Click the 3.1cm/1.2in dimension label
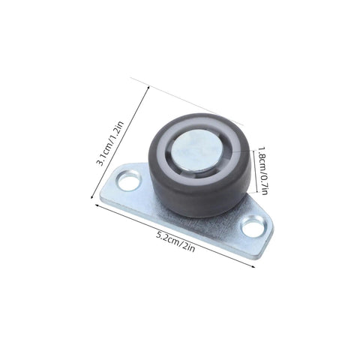(x=110, y=143)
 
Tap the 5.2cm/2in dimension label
(x=175, y=241)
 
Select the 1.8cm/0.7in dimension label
(x=262, y=170)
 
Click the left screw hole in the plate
(x=129, y=181)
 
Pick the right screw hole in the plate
(x=253, y=227)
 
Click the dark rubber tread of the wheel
(x=200, y=193)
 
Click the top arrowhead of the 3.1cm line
(x=148, y=87)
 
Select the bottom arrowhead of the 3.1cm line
(x=91, y=197)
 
